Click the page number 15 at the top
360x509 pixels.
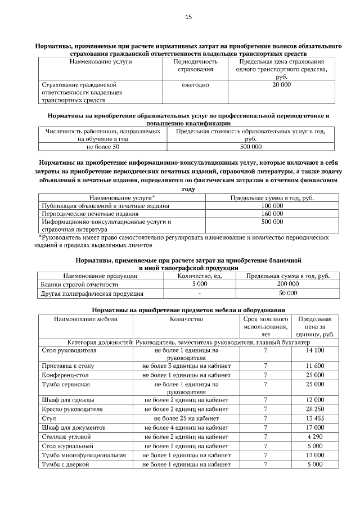pos(188,17)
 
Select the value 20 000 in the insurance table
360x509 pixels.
pos(282,84)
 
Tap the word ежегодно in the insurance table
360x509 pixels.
pos(195,84)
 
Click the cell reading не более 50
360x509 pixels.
pos(103,147)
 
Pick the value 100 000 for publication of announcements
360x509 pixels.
pos(272,206)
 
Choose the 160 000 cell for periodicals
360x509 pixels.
pos(272,214)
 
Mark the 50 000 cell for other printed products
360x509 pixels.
pos(288,293)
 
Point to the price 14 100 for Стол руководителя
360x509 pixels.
pos(315,350)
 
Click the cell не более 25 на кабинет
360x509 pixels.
pos(186,418)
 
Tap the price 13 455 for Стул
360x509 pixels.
pos(315,418)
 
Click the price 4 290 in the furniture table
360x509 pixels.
pos(315,436)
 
